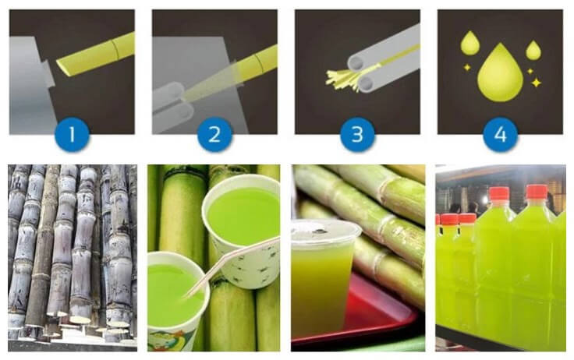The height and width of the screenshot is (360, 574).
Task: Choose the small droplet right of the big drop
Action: (x=533, y=49)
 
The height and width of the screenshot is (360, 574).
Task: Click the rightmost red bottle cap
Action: (x=537, y=192)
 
